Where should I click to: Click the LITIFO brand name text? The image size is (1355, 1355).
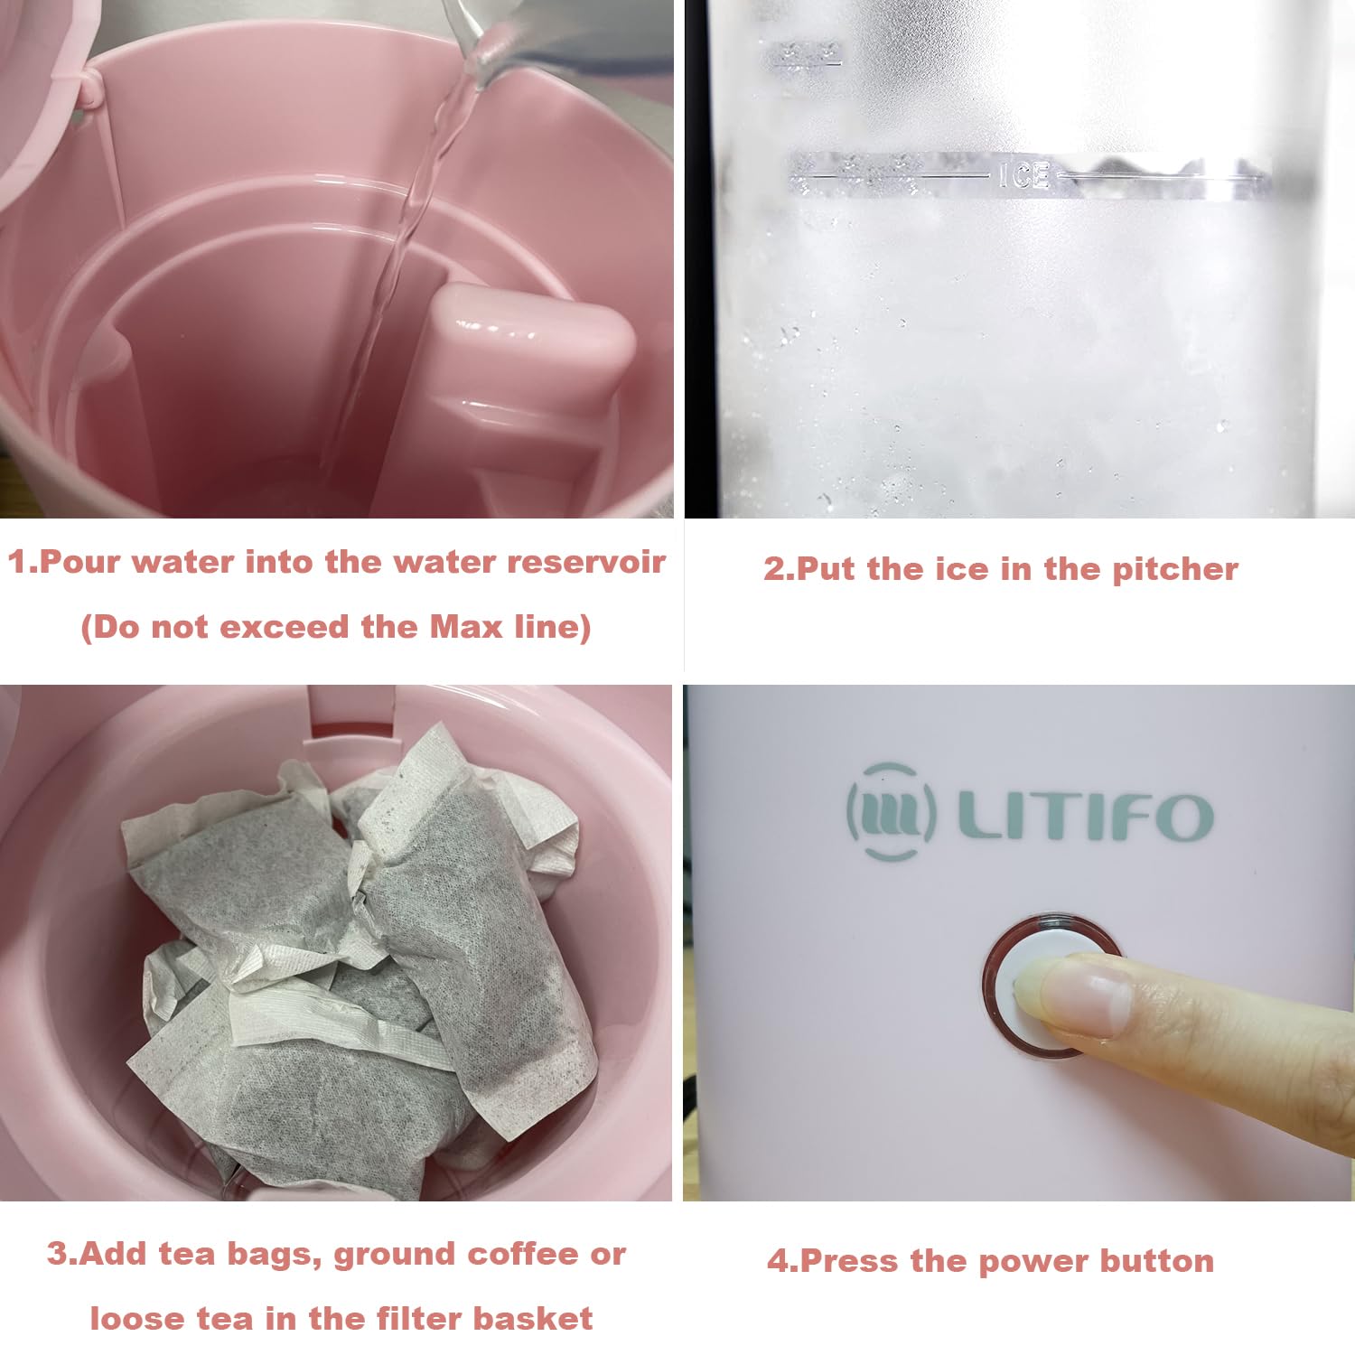tap(1085, 816)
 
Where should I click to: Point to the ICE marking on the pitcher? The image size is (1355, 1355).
tap(1023, 174)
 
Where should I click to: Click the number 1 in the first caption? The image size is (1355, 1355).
tap(18, 562)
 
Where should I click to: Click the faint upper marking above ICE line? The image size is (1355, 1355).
tap(804, 54)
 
